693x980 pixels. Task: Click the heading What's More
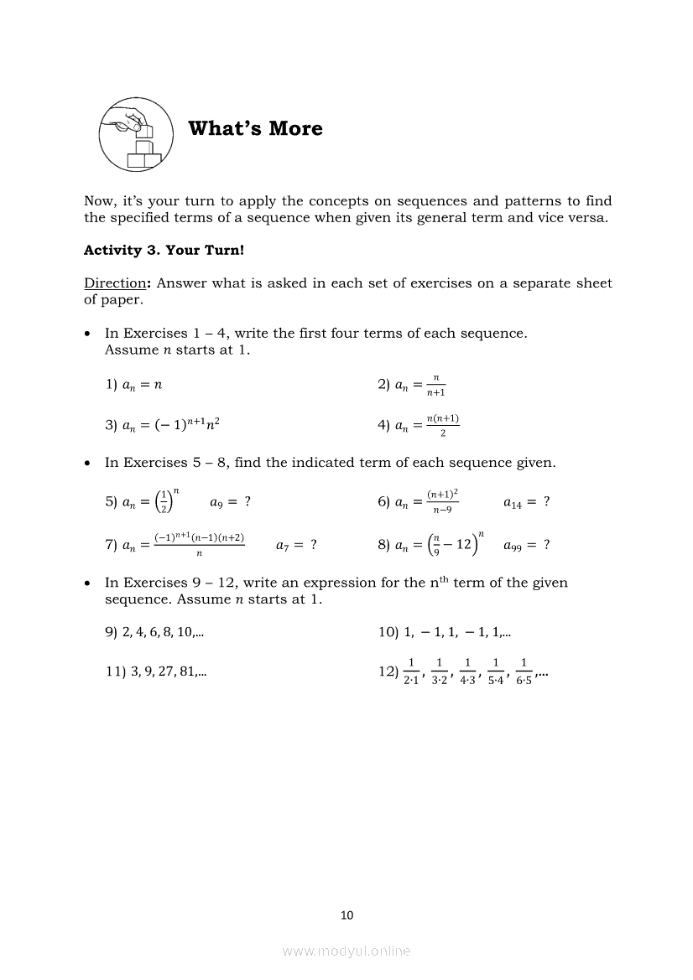click(255, 128)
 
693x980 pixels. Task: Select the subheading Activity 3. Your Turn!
click(164, 250)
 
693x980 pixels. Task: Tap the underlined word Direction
click(117, 283)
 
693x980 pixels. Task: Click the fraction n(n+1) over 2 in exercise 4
click(442, 425)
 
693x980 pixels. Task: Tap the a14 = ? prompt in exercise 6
click(526, 502)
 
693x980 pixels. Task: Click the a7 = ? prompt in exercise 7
click(296, 545)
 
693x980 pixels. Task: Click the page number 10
click(346, 915)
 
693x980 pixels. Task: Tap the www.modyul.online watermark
click(346, 951)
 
